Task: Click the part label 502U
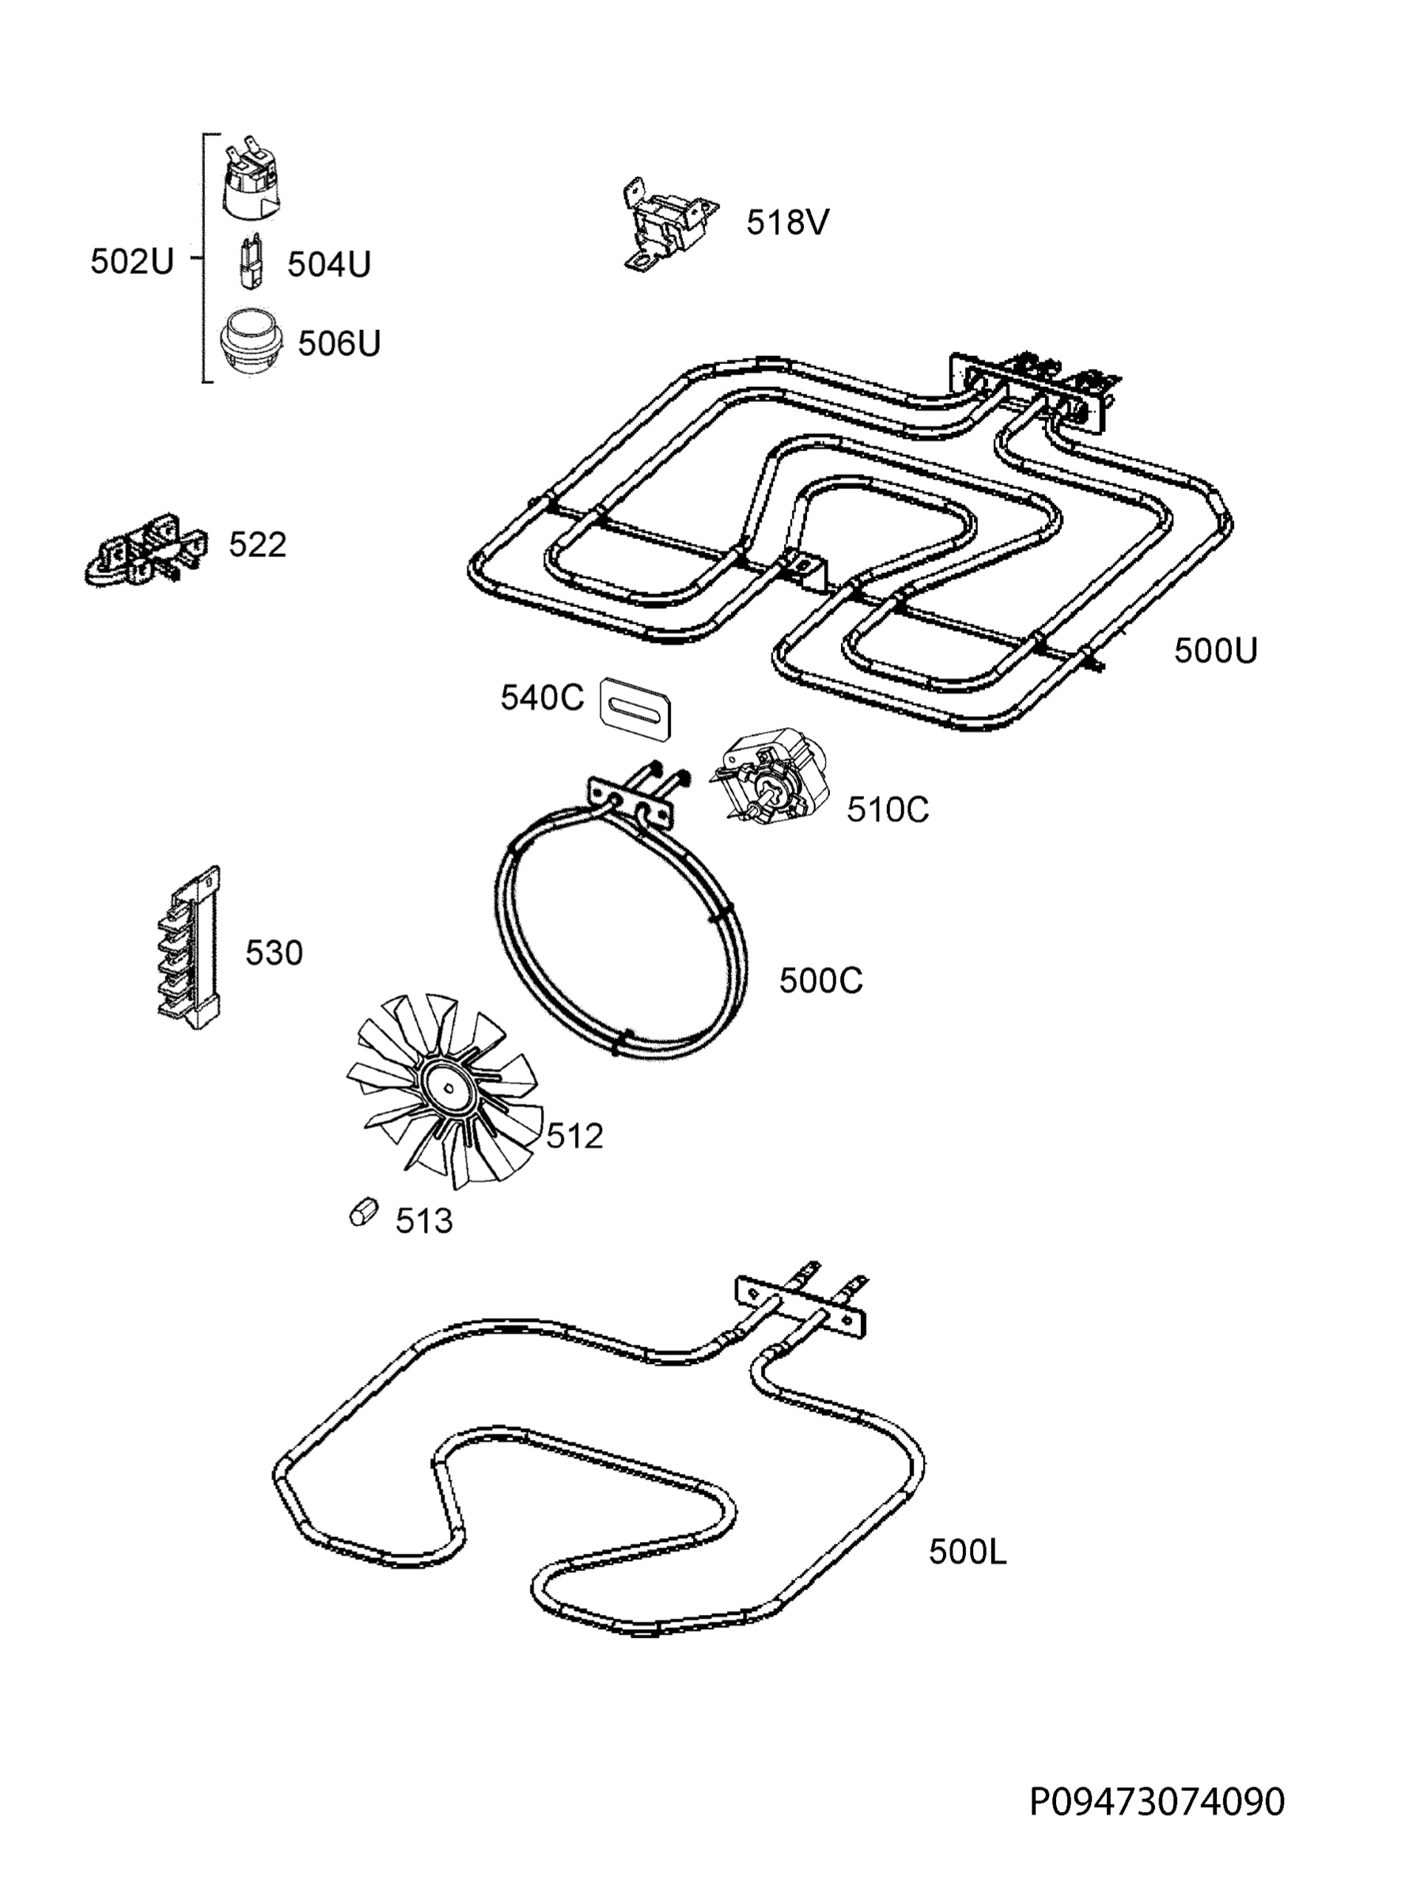pyautogui.click(x=132, y=261)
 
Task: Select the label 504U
pyautogui.click(x=328, y=264)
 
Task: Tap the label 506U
pyautogui.click(x=339, y=343)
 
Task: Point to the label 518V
pyautogui.click(x=788, y=222)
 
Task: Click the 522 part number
pyautogui.click(x=257, y=544)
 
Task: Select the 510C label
pyautogui.click(x=888, y=809)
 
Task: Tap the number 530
pyautogui.click(x=275, y=953)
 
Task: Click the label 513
pyautogui.click(x=424, y=1221)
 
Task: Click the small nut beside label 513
pyautogui.click(x=364, y=1212)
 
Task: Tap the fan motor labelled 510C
pyautogui.click(x=769, y=778)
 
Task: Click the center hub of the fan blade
pyautogui.click(x=448, y=1090)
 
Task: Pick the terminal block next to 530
pyautogui.click(x=190, y=948)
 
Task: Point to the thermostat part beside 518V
pyautogui.click(x=668, y=224)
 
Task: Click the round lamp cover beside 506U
pyautogui.click(x=252, y=343)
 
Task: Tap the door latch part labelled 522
pyautogui.click(x=148, y=550)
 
